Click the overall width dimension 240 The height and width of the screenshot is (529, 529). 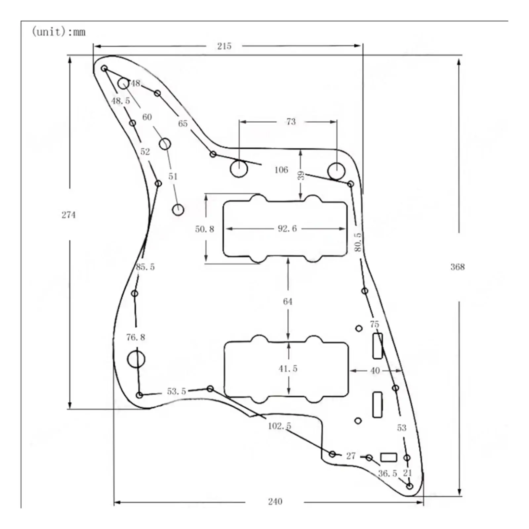click(x=275, y=502)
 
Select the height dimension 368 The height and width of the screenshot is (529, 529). click(x=458, y=267)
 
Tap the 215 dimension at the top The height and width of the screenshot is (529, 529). click(x=224, y=46)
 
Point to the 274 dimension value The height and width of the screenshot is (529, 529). click(x=68, y=215)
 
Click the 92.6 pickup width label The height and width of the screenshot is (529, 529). click(x=287, y=228)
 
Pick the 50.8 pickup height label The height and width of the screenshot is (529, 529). click(x=204, y=229)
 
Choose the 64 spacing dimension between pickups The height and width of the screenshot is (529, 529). click(x=288, y=302)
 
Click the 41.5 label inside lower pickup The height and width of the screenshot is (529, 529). click(x=288, y=368)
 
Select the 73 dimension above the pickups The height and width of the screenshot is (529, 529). click(x=291, y=122)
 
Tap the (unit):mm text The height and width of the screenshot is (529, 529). click(x=59, y=32)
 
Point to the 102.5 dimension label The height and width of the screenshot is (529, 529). click(x=279, y=426)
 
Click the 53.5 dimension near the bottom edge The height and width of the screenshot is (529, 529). click(x=176, y=391)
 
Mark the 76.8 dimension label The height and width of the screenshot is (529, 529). click(x=136, y=337)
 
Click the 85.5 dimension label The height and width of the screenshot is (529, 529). click(x=145, y=266)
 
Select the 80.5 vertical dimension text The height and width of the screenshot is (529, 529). click(x=358, y=242)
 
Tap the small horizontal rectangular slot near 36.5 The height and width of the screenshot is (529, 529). click(x=388, y=457)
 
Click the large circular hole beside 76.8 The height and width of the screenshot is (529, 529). click(x=136, y=359)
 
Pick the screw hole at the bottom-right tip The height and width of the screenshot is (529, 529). click(x=410, y=486)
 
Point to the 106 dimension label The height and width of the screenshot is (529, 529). click(x=281, y=170)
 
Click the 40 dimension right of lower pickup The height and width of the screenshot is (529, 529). click(x=375, y=371)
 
